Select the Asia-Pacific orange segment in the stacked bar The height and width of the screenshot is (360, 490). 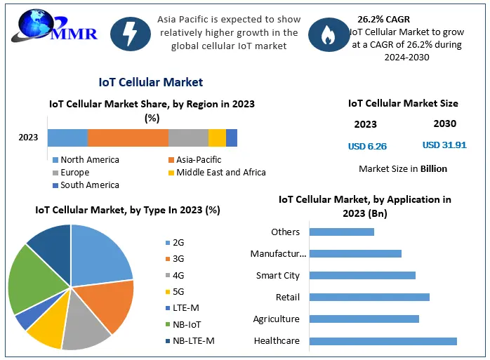(x=128, y=138)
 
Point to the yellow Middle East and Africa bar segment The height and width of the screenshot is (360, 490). (x=217, y=138)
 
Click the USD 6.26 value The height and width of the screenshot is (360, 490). (x=367, y=147)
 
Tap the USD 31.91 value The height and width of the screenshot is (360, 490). (x=444, y=145)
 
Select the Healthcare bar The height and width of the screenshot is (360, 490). (x=383, y=341)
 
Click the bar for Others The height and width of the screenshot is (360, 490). (x=341, y=232)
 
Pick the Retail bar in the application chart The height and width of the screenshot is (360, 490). (x=369, y=298)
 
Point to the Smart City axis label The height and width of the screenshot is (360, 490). (x=278, y=276)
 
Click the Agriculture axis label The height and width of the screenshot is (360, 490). (x=276, y=319)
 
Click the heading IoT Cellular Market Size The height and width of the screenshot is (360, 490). (x=403, y=103)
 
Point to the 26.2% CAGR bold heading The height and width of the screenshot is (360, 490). (x=385, y=20)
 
